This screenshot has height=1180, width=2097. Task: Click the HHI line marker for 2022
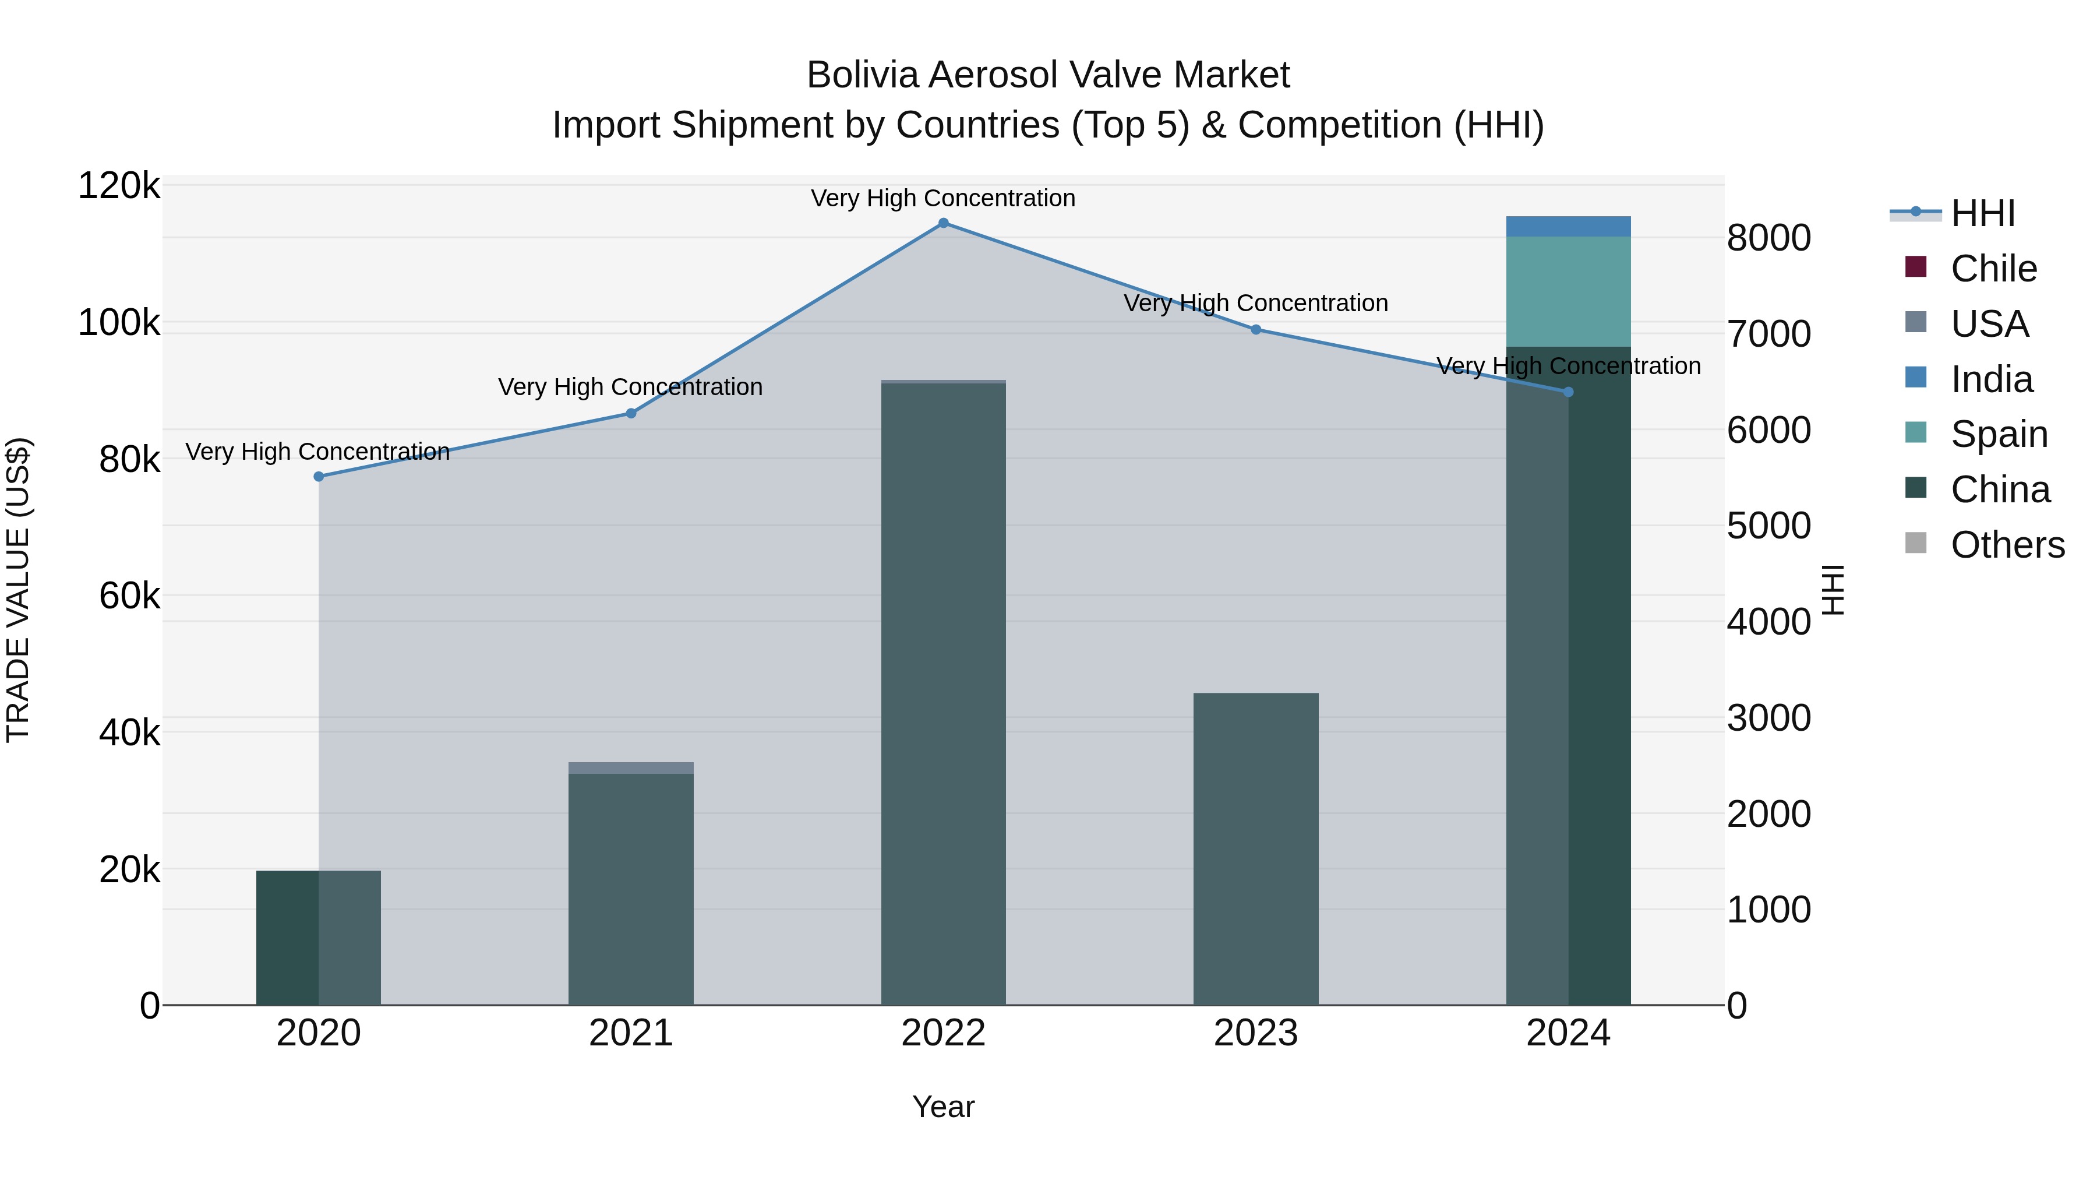pos(944,223)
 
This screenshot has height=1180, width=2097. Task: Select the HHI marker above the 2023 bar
pos(1256,330)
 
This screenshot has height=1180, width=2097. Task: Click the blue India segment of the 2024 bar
pos(1568,227)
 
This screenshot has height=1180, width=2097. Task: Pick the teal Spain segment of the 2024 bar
pos(1568,291)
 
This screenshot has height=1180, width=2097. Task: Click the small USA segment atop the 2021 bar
pos(631,768)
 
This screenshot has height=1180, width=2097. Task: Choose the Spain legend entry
pos(1999,434)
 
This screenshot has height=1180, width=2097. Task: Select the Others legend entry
pos(2007,545)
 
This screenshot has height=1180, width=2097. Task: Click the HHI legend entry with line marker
pos(1982,213)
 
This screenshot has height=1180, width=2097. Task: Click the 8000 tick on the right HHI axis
pos(1768,238)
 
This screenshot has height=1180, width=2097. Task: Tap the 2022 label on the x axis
pos(944,1033)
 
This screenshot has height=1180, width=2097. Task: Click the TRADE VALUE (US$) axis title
pos(18,590)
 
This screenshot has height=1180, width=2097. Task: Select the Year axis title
pos(944,1107)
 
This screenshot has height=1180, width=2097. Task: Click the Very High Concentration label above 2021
pos(631,387)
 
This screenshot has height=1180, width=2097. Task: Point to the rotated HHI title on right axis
pos(1833,590)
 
